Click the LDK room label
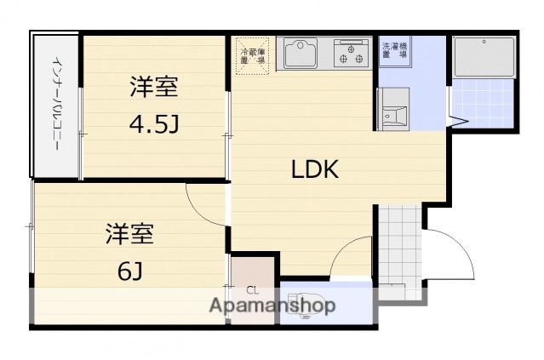tap(315, 169)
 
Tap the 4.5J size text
tap(154, 125)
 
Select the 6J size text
tap(129, 271)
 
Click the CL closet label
tap(252, 289)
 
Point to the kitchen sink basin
tap(301, 54)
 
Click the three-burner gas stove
tap(352, 54)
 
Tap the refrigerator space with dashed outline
tap(253, 55)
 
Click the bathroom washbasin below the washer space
tap(392, 109)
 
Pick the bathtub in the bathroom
tap(483, 57)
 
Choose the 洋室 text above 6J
tap(129, 232)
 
